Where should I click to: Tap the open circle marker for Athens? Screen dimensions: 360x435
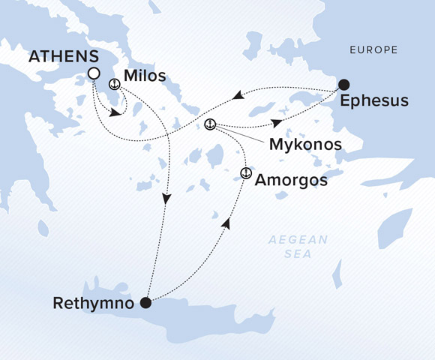coord(94,73)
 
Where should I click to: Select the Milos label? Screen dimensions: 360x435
coord(146,76)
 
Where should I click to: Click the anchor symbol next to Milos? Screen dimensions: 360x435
coord(115,85)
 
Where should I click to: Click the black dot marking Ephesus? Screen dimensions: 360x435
coord(343,84)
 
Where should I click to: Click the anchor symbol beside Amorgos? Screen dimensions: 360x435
coord(244,174)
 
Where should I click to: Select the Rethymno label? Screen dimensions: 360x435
coord(97,304)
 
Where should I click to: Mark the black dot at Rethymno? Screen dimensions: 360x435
coord(146,304)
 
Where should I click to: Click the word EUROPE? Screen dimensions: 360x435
coord(372,50)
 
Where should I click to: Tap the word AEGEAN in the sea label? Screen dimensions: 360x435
coord(298,240)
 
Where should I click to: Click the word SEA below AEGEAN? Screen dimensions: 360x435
coord(298,255)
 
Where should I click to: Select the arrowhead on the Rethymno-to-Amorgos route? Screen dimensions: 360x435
coord(226,223)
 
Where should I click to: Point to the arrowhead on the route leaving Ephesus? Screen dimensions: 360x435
coord(237,95)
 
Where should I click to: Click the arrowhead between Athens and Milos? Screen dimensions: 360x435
coord(115,114)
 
